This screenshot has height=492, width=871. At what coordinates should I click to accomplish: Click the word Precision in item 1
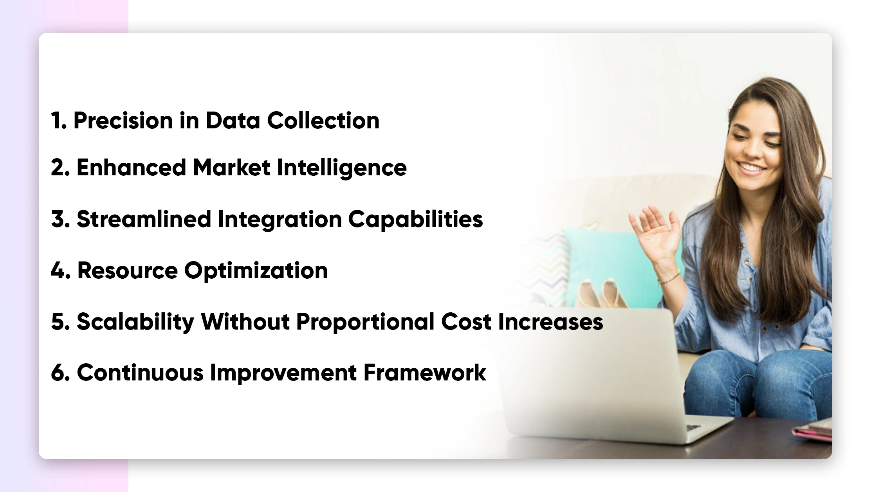pos(123,120)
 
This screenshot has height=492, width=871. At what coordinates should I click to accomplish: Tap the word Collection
pos(323,120)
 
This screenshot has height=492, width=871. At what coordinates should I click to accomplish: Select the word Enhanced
pos(131,168)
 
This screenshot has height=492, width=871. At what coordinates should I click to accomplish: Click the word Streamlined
pos(144,219)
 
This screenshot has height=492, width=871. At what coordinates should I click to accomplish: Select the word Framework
pos(425,372)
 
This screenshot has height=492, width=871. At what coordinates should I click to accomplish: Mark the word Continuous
pos(140,372)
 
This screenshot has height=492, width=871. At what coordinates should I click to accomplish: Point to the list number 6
pos(60,372)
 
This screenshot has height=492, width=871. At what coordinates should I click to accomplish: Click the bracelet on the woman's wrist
pos(668,278)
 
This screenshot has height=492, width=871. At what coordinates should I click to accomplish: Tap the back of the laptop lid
pos(595,372)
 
